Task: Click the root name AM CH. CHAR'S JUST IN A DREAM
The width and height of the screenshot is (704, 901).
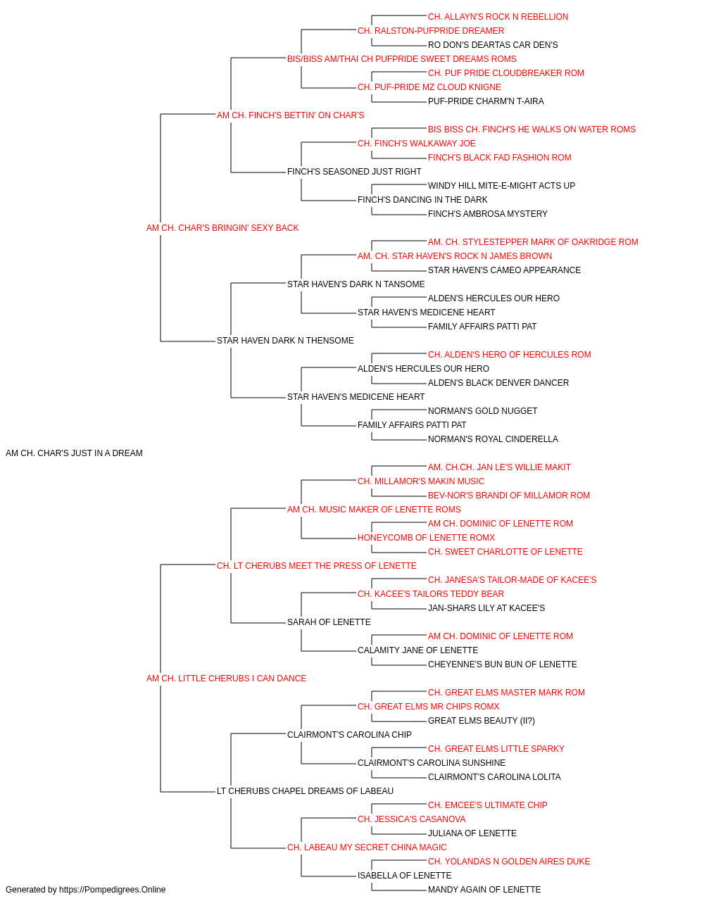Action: pyautogui.click(x=74, y=453)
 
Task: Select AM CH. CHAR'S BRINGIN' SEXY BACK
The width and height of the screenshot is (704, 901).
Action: pyautogui.click(x=222, y=228)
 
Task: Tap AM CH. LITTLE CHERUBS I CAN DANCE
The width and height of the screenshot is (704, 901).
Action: pyautogui.click(x=226, y=679)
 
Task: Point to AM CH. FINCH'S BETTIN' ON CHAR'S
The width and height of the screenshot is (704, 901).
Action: pyautogui.click(x=290, y=115)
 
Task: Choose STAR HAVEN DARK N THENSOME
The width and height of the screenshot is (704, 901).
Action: pyautogui.click(x=285, y=341)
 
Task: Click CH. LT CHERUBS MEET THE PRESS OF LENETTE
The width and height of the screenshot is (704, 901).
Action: pyautogui.click(x=316, y=566)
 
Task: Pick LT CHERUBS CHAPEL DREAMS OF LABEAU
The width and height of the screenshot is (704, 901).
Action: pyautogui.click(x=305, y=791)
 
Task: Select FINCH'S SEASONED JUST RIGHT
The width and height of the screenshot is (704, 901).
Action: pyautogui.click(x=354, y=172)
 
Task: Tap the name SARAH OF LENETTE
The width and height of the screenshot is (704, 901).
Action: pyautogui.click(x=329, y=622)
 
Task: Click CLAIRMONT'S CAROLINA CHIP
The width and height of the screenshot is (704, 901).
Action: pyautogui.click(x=349, y=735)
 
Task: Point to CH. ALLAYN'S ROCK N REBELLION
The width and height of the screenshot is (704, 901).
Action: pyautogui.click(x=498, y=17)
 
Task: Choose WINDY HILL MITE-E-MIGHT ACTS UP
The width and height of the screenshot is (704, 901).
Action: pyautogui.click(x=501, y=186)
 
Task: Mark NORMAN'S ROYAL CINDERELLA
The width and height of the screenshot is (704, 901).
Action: pyautogui.click(x=493, y=439)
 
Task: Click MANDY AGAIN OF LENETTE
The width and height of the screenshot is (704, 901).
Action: pyautogui.click(x=484, y=890)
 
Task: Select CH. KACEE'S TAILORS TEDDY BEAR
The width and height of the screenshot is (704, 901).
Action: pyautogui.click(x=431, y=594)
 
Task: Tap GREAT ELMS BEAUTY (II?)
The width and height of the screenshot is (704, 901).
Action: pyautogui.click(x=482, y=721)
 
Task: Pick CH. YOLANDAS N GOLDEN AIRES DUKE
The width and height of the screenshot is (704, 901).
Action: pyautogui.click(x=509, y=861)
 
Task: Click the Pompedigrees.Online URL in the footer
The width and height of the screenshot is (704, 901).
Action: pyautogui.click(x=112, y=890)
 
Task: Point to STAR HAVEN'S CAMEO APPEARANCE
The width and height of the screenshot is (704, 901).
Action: pyautogui.click(x=504, y=270)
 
